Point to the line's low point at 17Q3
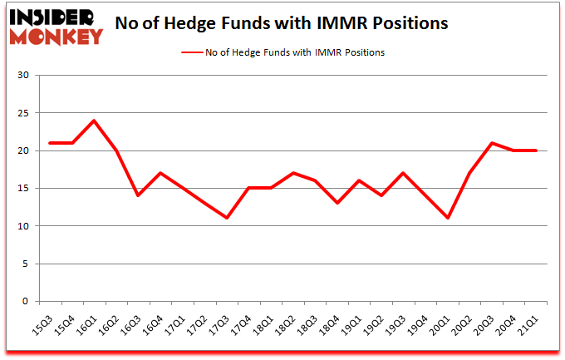pos(227,218)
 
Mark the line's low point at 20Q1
pos(449,218)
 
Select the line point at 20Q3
pos(493,143)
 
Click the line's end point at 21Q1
pos(537,150)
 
